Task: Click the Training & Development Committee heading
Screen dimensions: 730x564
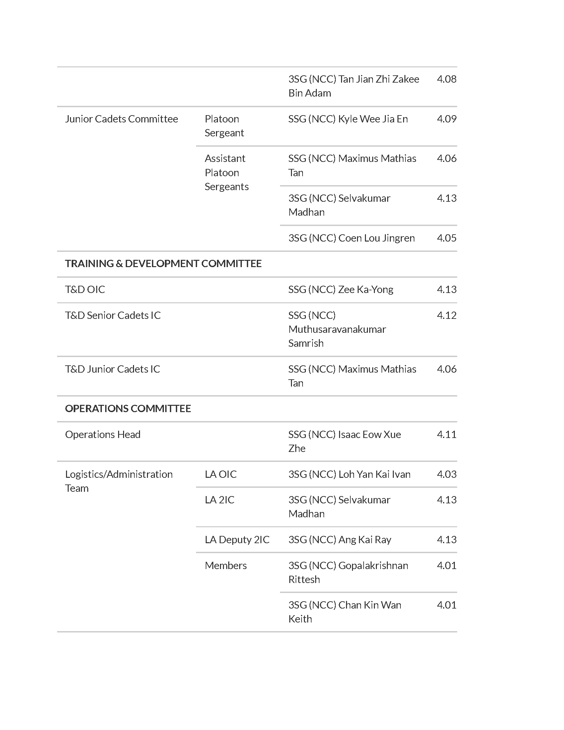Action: pyautogui.click(x=163, y=264)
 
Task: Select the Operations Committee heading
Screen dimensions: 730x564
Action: pyautogui.click(x=128, y=408)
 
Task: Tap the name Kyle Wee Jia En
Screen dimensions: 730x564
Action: pyautogui.click(x=348, y=119)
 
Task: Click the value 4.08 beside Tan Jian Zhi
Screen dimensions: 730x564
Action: pyautogui.click(x=446, y=79)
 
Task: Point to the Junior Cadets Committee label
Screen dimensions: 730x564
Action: pyautogui.click(x=121, y=119)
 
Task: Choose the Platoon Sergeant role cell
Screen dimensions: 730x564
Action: pyautogui.click(x=224, y=126)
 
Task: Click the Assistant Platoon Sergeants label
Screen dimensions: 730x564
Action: pyautogui.click(x=226, y=173)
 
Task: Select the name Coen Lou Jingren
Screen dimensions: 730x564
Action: pyautogui.click(x=351, y=238)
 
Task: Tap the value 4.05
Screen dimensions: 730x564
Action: pyautogui.click(x=446, y=238)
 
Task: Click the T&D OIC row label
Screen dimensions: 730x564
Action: pyautogui.click(x=85, y=289)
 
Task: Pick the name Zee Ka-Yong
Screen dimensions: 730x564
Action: pyautogui.click(x=340, y=289)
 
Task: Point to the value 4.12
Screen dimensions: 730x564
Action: pyautogui.click(x=446, y=315)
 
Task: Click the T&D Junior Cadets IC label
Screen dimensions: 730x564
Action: pyautogui.click(x=112, y=369)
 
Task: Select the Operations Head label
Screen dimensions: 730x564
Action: pyautogui.click(x=103, y=435)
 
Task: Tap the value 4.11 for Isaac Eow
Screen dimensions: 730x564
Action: pyautogui.click(x=446, y=435)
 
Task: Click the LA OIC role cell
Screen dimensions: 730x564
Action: pyautogui.click(x=221, y=474)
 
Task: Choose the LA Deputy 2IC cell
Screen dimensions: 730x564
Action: pyautogui.click(x=237, y=540)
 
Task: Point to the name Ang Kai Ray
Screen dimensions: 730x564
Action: pyautogui.click(x=339, y=540)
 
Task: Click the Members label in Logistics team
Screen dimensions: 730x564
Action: pyautogui.click(x=226, y=565)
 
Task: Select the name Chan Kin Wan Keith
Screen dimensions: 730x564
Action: pyautogui.click(x=344, y=612)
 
